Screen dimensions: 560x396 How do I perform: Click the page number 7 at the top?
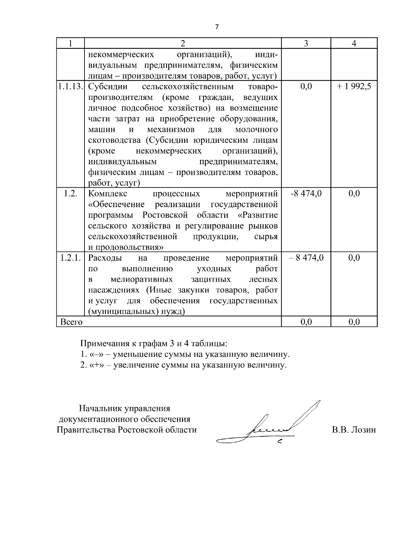pyautogui.click(x=217, y=27)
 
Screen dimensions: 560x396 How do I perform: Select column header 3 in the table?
pyautogui.click(x=306, y=44)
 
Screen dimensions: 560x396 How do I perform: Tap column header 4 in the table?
pyautogui.click(x=354, y=44)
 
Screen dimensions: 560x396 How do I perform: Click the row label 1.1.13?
pyautogui.click(x=70, y=87)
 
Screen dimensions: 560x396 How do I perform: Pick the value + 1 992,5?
pyautogui.click(x=354, y=87)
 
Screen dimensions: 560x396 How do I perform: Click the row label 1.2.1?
pyautogui.click(x=70, y=258)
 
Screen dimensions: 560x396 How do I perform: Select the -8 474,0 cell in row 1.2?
pyautogui.click(x=306, y=194)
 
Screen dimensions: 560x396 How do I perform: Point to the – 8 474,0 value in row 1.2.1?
pyautogui.click(x=306, y=258)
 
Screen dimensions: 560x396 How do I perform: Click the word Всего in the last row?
pyautogui.click(x=71, y=322)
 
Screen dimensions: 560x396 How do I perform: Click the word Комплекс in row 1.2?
pyautogui.click(x=107, y=194)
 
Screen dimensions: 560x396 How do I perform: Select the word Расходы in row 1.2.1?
pyautogui.click(x=105, y=258)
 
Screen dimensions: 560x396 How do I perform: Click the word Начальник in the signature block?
pyautogui.click(x=100, y=409)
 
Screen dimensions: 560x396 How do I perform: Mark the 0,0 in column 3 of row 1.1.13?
pyautogui.click(x=306, y=87)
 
